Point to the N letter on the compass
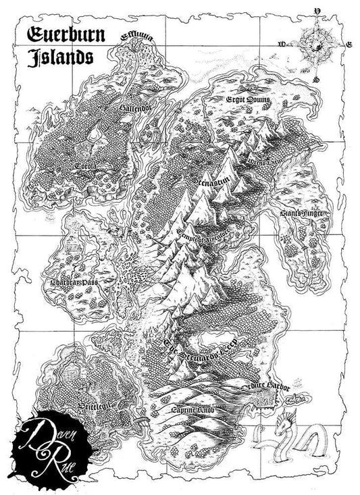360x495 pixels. click(317, 11)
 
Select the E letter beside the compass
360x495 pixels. click(349, 45)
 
